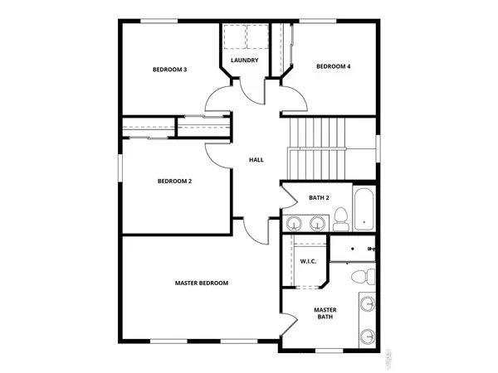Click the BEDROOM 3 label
pyautogui.click(x=169, y=70)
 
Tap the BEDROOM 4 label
pyautogui.click(x=333, y=66)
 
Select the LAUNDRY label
pyautogui.click(x=244, y=60)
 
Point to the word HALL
pyautogui.click(x=256, y=159)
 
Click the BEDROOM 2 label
pyautogui.click(x=175, y=181)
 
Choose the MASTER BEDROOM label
pyautogui.click(x=201, y=283)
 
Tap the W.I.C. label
pyautogui.click(x=309, y=262)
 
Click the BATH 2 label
pyautogui.click(x=320, y=197)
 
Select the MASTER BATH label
pyautogui.click(x=325, y=314)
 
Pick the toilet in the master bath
pyautogui.click(x=361, y=277)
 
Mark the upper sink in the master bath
pyautogui.click(x=369, y=303)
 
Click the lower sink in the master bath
pyautogui.click(x=369, y=335)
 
